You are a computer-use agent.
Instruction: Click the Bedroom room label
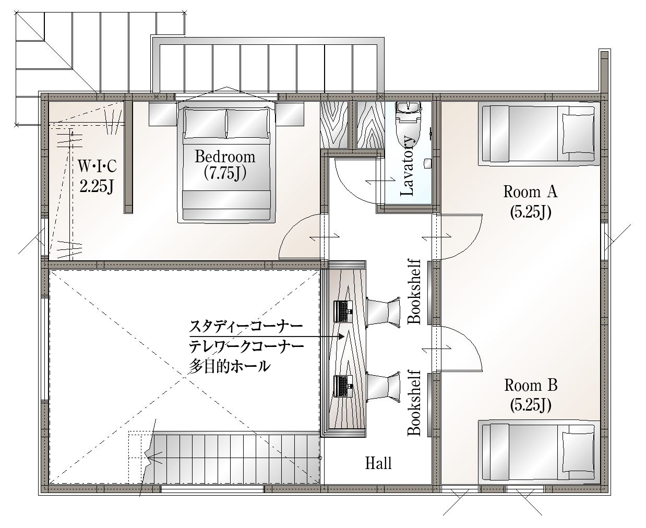click(x=225, y=157)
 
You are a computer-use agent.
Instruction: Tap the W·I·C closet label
click(x=97, y=166)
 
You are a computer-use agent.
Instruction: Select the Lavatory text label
click(x=408, y=166)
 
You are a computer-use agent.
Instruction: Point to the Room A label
click(x=531, y=192)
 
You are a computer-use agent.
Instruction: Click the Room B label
click(x=531, y=385)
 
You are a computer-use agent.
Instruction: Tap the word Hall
click(x=378, y=463)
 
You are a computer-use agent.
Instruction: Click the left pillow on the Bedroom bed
click(x=205, y=124)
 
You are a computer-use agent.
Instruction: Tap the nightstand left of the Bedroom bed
click(x=163, y=114)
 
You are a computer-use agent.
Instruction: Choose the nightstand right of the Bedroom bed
click(x=290, y=114)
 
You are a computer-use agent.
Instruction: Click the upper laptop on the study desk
click(x=343, y=311)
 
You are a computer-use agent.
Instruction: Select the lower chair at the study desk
click(x=384, y=386)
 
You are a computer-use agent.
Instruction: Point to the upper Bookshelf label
click(x=414, y=292)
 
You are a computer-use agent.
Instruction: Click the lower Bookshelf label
click(x=414, y=403)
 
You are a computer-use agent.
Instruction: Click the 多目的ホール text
click(x=229, y=366)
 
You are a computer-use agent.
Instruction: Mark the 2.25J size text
click(x=97, y=186)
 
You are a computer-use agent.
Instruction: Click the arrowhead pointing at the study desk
click(x=341, y=337)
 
